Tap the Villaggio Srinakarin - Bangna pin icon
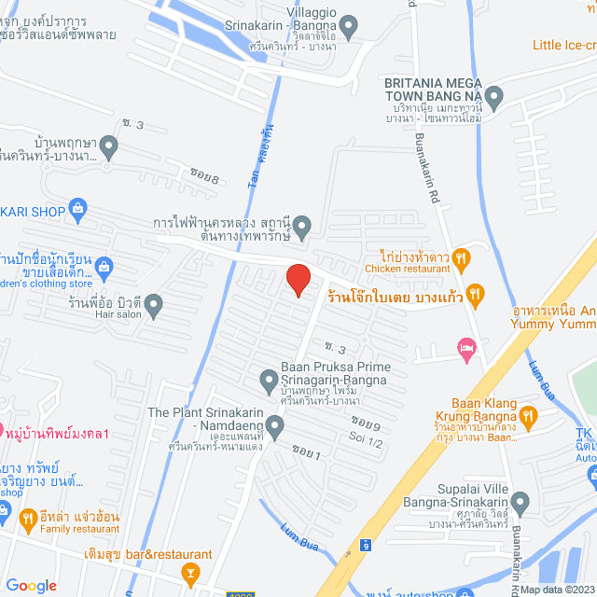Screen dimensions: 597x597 349,27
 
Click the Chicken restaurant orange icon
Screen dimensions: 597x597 462,257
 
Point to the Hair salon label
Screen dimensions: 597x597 117,315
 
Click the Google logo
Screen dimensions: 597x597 31,586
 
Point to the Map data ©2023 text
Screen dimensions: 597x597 557,590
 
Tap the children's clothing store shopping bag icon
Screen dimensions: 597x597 104,268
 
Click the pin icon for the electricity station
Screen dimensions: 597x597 302,226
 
